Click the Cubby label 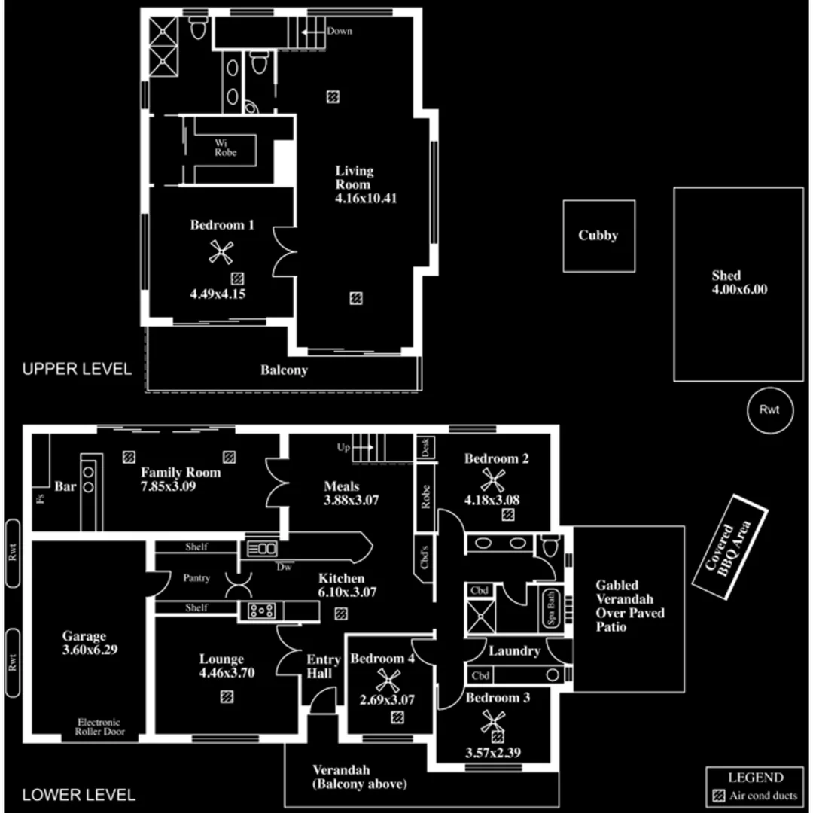[598, 236]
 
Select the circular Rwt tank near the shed [769, 410]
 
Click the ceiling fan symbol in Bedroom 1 [220, 254]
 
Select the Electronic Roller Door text [98, 727]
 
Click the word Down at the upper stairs [340, 31]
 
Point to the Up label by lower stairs [344, 447]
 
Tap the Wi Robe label [225, 148]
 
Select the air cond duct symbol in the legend [718, 796]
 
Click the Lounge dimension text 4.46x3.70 [227, 673]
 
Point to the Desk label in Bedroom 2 [423, 448]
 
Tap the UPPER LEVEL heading [77, 369]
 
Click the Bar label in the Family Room [65, 487]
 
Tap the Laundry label [514, 650]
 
